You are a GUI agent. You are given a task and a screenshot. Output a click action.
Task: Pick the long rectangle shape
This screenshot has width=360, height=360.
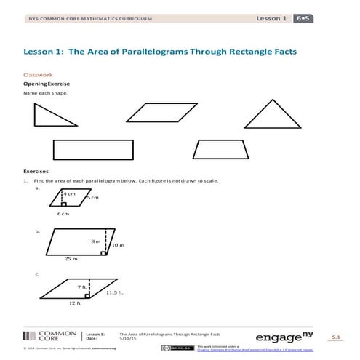coord(93,150)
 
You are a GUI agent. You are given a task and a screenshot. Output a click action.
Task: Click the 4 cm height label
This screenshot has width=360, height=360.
coord(69,194)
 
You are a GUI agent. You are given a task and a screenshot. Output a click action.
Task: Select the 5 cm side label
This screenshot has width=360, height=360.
coord(92,198)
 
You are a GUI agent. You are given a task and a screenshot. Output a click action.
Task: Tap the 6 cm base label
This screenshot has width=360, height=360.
coord(63,214)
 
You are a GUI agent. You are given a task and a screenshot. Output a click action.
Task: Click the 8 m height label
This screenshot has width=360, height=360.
coord(95,241)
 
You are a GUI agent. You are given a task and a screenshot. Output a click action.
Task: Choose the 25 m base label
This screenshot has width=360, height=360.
coord(69,259)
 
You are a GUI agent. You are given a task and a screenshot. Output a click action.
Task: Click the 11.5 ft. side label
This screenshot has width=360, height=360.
coord(116,292)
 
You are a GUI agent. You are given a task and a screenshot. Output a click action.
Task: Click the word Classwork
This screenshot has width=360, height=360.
coord(38,75)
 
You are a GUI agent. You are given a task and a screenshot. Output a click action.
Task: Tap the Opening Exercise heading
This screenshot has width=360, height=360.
coord(46,84)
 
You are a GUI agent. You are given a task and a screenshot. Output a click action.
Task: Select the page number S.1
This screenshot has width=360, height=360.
coord(335,337)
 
